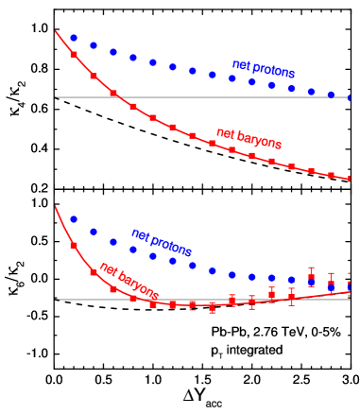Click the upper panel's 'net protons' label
pos(264,69)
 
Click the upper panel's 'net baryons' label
pos(249,138)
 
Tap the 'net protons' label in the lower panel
pos(162,242)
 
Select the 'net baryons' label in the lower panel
pos(129,281)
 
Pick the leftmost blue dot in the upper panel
pos(74,38)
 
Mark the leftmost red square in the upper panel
pos(74,55)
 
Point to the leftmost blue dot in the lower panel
pos(74,218)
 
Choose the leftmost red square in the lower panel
pos(74,246)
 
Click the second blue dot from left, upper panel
pos(94,45)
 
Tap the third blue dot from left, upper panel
pos(113,52)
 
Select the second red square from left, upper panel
pos(94,76)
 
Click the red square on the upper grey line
pos(113,94)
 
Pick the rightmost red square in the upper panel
pos(350,179)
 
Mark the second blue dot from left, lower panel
pos(94,232)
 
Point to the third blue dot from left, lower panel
pos(113,241)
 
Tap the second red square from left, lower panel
pos(94,272)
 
